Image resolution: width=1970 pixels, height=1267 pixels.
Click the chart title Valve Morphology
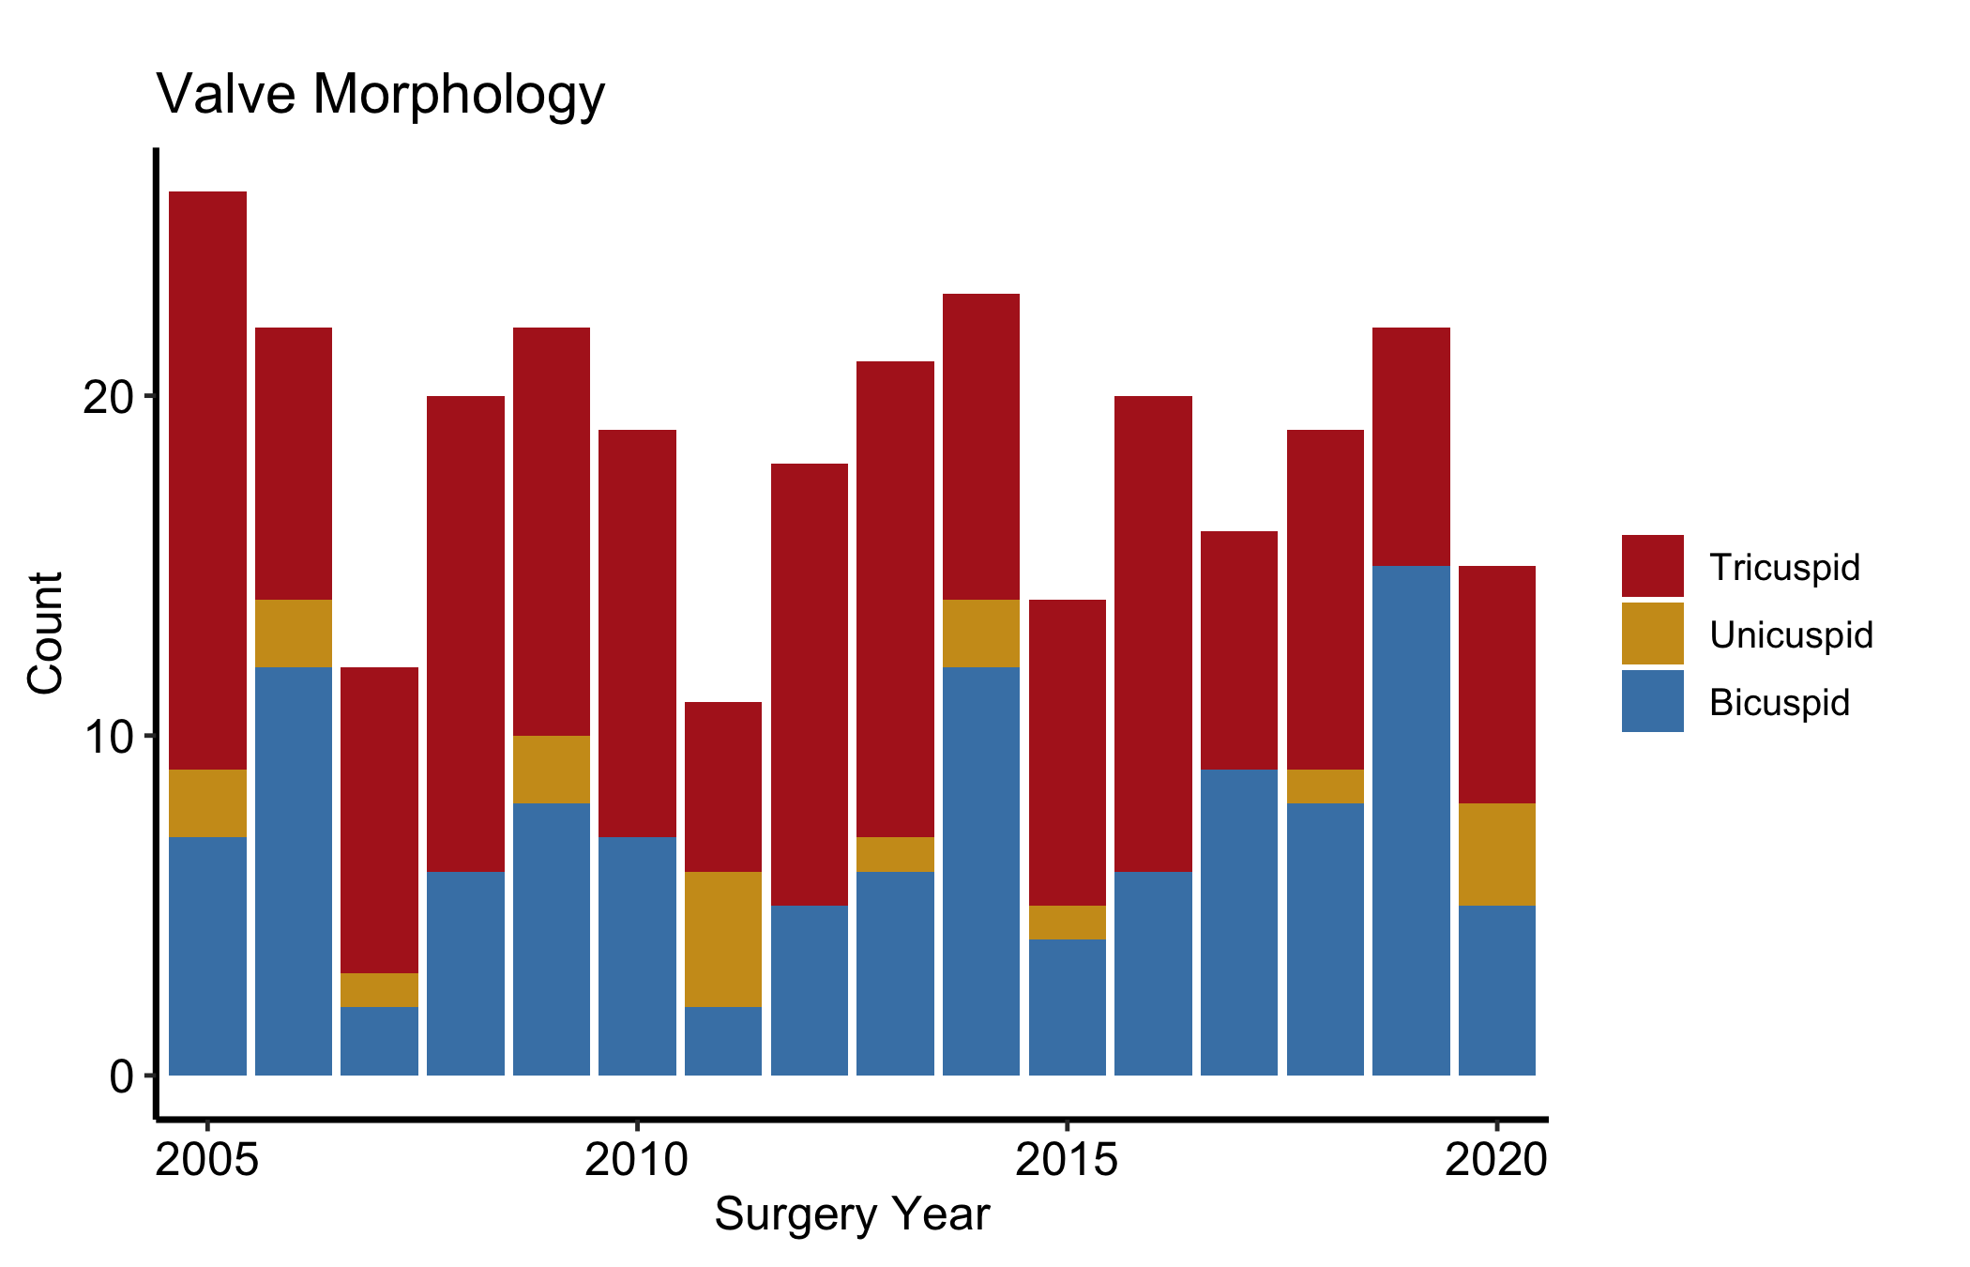381,95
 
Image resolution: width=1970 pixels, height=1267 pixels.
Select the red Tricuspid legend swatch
1652,566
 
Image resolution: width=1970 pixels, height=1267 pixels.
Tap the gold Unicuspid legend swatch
1652,633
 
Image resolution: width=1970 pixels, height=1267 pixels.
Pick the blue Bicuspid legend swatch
1652,701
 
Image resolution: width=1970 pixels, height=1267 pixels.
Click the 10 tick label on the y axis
108,737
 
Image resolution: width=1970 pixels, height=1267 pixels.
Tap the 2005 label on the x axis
207,1160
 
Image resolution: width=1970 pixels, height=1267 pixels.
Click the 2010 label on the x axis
637,1160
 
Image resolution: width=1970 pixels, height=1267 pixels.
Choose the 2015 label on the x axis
1067,1160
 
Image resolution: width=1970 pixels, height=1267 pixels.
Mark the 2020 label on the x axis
1496,1160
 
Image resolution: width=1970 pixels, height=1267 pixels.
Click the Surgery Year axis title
852,1214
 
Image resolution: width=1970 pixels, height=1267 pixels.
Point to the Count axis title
45,633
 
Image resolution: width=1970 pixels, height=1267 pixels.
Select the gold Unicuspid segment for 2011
723,939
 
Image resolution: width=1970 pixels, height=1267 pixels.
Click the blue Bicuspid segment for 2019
1411,820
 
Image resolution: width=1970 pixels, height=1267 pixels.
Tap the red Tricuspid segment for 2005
207,481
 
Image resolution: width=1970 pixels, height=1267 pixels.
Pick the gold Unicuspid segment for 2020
1497,854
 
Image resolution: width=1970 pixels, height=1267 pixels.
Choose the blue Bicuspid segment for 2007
379,1041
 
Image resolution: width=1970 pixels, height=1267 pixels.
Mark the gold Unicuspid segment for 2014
981,633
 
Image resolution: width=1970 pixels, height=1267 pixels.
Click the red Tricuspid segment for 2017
1239,650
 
